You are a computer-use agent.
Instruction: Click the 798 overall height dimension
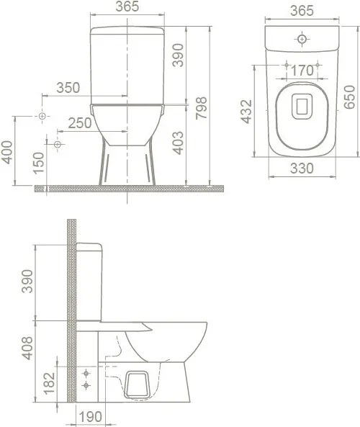coord(202,108)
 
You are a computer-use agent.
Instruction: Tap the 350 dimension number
coord(68,88)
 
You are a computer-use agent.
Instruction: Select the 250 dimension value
coord(80,123)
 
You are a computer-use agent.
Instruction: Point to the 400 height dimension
coord(6,152)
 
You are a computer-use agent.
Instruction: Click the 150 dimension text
coord(38,163)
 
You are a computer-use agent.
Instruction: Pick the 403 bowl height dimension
coord(179,143)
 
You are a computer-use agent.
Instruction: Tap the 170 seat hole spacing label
coord(302,71)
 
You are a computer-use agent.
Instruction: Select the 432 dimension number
coord(247,112)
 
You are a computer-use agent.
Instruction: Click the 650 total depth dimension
coord(349,97)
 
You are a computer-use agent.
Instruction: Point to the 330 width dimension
coord(302,168)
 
